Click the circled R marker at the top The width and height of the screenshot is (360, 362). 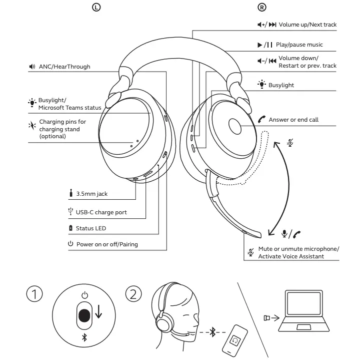tap(261, 7)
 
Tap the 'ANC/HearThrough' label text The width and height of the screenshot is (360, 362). tap(64, 67)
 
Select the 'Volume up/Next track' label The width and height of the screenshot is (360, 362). tap(307, 25)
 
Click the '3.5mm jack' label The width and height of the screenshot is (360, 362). tap(91, 194)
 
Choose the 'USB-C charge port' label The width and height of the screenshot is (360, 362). tap(101, 212)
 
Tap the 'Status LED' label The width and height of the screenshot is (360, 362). tap(90, 228)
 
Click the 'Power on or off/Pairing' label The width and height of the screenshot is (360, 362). tap(106, 244)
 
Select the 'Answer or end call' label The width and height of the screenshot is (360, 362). tap(293, 120)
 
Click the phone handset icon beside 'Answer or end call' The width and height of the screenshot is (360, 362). tap(261, 120)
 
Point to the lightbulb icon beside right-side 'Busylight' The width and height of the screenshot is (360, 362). tap(261, 85)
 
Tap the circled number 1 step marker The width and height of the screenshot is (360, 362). tap(34, 294)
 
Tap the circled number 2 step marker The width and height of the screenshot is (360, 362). tap(132, 294)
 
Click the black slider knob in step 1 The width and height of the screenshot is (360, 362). tap(84, 315)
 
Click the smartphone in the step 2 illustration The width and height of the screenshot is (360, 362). tap(234, 340)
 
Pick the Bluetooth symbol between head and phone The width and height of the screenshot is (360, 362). tap(212, 331)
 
